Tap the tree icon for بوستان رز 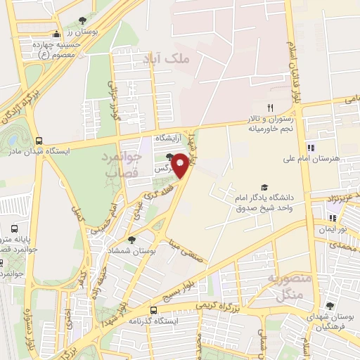[x=84, y=20]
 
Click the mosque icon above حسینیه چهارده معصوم [x=57, y=34]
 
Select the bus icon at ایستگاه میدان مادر [x=39, y=141]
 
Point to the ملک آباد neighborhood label [x=171, y=59]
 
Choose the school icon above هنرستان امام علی [x=311, y=148]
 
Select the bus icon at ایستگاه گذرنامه [x=154, y=310]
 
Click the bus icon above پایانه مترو [x=15, y=229]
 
